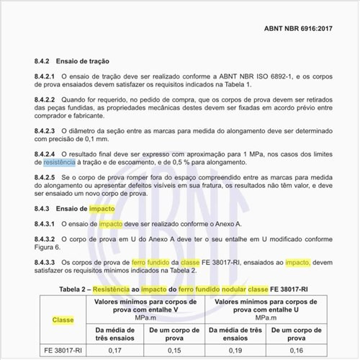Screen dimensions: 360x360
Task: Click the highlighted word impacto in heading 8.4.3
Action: pyautogui.click(x=102, y=208)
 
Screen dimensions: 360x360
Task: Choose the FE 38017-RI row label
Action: pyautogui.click(x=63, y=351)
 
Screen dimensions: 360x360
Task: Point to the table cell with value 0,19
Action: pyautogui.click(x=235, y=351)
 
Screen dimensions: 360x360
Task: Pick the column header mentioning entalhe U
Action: pyautogui.click(x=266, y=308)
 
